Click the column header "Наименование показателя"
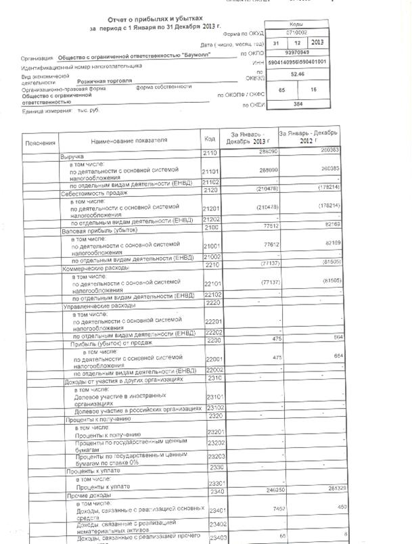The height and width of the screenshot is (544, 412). tap(129, 141)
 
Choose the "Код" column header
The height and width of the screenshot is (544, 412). tap(209, 139)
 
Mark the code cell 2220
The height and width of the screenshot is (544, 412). tap(209, 304)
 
